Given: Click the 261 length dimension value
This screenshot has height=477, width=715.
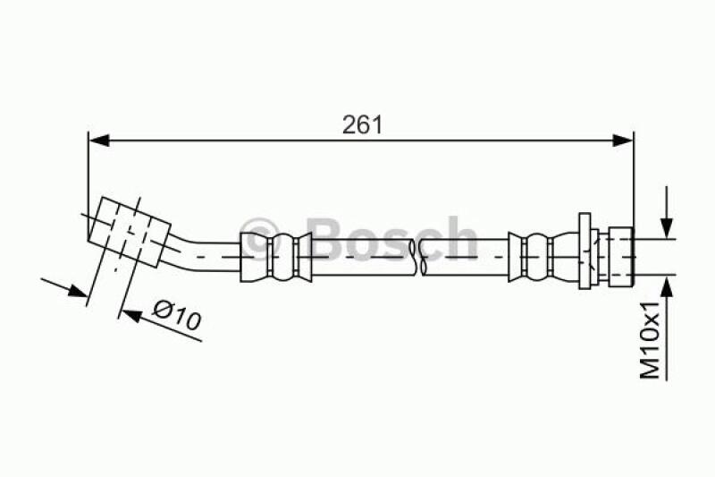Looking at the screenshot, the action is (363, 124).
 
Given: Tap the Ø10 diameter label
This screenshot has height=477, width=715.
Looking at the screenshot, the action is (176, 314).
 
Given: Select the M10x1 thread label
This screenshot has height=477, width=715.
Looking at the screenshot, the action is (651, 339).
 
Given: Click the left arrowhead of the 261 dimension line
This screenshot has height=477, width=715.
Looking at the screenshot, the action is (99, 141).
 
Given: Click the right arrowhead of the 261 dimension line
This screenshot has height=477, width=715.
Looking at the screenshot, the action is (623, 141).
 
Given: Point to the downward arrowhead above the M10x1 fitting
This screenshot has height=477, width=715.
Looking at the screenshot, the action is (667, 227).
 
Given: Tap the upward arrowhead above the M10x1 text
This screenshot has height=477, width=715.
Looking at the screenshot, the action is (667, 286).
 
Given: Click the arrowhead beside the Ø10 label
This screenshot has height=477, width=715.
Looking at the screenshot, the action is (131, 315).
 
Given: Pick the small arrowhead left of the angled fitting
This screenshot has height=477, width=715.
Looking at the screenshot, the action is (77, 290).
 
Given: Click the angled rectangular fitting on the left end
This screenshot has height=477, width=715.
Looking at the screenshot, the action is (130, 232).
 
